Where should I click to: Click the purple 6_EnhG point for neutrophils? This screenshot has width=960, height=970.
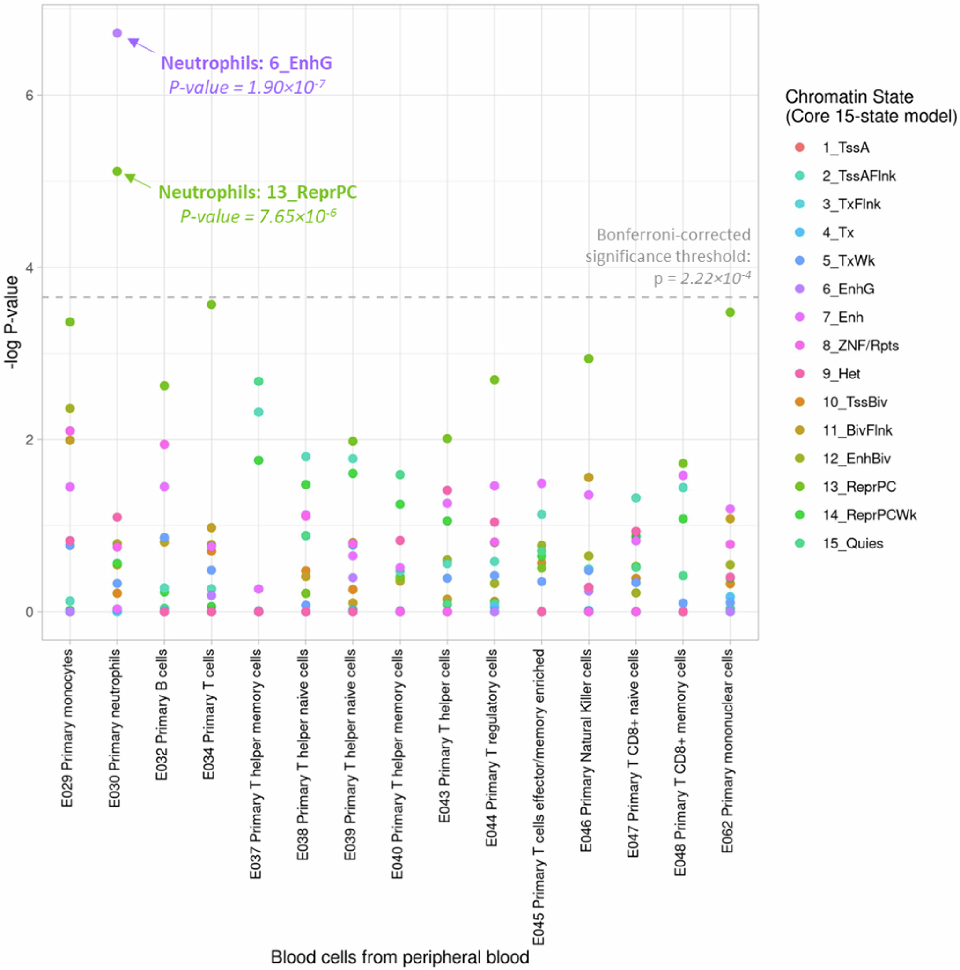pos(117,33)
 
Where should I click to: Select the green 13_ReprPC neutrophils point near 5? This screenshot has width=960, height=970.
pos(117,171)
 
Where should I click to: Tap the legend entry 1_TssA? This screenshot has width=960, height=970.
pos(846,148)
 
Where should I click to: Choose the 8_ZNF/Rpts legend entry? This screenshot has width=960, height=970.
pos(860,345)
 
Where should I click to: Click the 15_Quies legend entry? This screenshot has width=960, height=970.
pos(853,543)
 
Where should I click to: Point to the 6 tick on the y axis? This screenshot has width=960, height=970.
pos(30,96)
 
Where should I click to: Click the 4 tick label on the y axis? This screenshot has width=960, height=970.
pos(30,267)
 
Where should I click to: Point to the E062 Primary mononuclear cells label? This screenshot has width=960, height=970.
pos(728,751)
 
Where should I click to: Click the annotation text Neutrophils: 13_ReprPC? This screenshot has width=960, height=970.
pos(258,193)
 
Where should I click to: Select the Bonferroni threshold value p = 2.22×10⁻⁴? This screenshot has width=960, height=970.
pos(702,278)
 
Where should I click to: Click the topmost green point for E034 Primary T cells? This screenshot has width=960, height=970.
pos(211,305)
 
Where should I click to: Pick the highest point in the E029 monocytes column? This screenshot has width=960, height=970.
pos(70,322)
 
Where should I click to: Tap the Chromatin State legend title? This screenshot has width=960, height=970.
pos(871,106)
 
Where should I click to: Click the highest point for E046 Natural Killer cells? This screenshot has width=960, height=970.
pos(589,358)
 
